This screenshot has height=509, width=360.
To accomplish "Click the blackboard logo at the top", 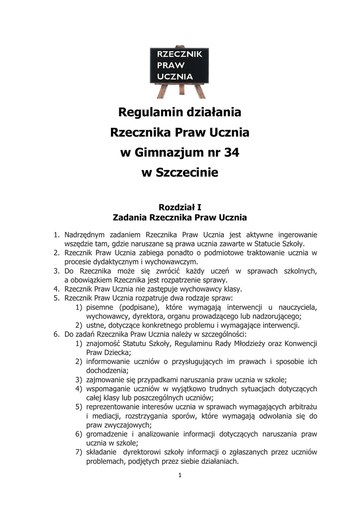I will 180,70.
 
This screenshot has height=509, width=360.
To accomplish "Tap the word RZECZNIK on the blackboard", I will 180,54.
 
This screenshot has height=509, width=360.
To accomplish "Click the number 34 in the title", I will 231,153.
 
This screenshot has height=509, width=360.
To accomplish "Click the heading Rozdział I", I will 180,207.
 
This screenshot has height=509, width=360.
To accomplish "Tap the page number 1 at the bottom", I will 180,475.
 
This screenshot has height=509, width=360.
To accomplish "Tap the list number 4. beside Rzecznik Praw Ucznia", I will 57,289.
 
